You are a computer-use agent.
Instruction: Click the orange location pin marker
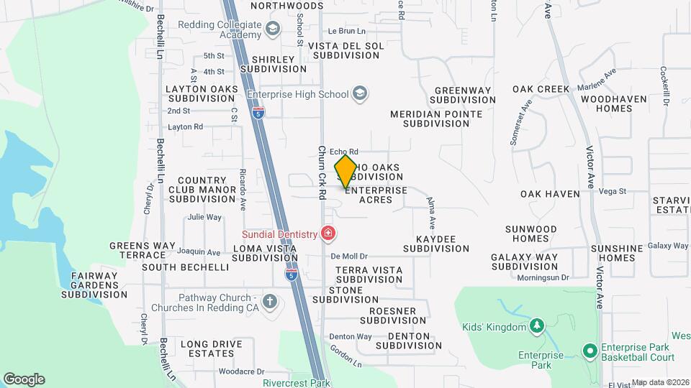tap(345, 172)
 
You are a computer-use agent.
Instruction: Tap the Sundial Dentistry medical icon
tap(328, 234)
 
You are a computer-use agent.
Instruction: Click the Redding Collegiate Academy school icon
tap(272, 29)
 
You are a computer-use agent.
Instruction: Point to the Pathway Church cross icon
tap(270, 300)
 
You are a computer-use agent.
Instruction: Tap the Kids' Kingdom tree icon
tap(536, 327)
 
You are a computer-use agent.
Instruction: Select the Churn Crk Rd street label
tap(322, 173)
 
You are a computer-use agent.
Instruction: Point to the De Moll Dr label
tap(349, 256)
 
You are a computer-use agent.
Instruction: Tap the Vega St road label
tap(613, 191)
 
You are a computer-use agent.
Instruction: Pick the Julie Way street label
tap(204, 216)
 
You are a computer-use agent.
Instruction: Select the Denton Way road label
tap(351, 336)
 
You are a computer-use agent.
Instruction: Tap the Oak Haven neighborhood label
tap(550, 194)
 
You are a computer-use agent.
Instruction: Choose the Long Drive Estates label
tap(211, 348)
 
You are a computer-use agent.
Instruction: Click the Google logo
tap(24, 379)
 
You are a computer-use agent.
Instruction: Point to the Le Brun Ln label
tap(347, 31)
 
